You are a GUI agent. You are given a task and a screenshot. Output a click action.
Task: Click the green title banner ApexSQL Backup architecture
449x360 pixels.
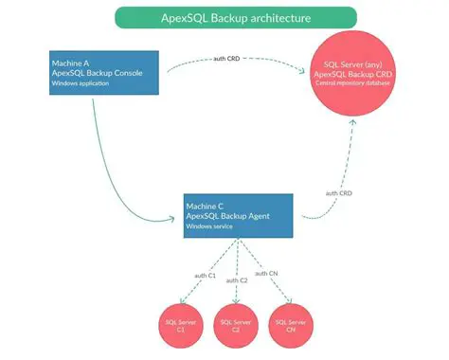[235, 17]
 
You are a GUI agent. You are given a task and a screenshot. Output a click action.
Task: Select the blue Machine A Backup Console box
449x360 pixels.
[103, 71]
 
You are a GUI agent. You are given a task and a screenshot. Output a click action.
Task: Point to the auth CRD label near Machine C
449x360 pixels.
[340, 194]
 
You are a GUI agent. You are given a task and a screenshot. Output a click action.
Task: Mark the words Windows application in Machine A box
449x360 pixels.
[81, 84]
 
